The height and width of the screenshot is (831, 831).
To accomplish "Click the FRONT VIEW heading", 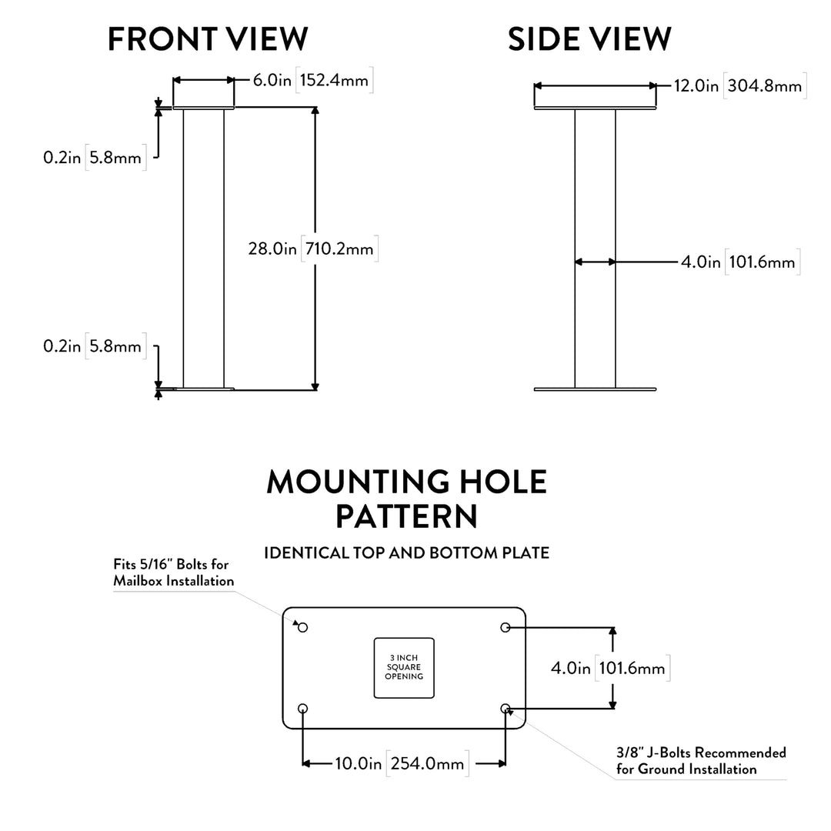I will [208, 38].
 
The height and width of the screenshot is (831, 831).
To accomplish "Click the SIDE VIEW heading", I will [589, 38].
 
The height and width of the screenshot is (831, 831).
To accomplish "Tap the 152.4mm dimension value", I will [333, 80].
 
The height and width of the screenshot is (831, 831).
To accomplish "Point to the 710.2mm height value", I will [339, 249].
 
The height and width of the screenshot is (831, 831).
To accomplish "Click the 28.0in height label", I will [272, 249].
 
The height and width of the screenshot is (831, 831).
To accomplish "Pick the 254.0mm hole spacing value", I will [428, 763].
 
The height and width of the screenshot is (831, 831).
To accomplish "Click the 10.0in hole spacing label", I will [358, 763].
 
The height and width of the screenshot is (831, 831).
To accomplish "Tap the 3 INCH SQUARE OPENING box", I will [404, 667].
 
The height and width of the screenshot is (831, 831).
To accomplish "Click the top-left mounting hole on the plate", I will [302, 628].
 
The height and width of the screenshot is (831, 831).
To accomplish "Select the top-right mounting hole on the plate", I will [506, 628].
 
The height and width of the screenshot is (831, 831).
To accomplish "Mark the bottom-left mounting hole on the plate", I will [302, 708].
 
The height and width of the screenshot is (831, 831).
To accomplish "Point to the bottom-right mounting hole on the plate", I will [506, 708].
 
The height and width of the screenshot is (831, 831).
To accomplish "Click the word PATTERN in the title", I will [406, 516].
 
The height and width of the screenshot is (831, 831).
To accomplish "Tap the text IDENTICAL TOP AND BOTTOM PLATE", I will [406, 553].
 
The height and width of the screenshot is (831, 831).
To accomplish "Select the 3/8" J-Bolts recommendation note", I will [700, 760].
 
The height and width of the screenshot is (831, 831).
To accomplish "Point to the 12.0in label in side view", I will [696, 85].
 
